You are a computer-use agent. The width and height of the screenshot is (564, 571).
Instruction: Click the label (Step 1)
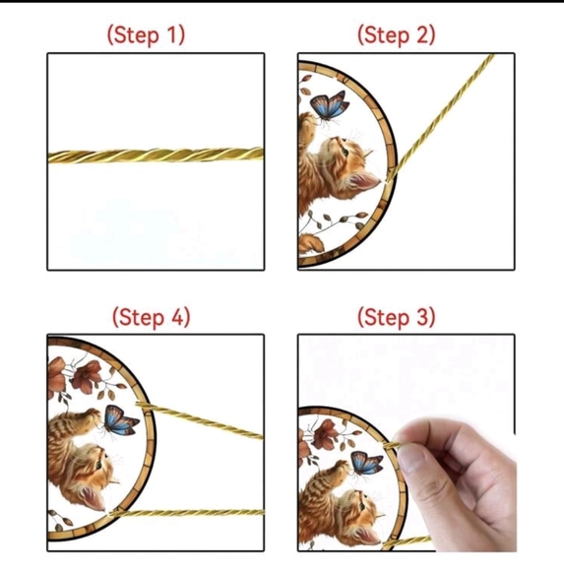[146, 34]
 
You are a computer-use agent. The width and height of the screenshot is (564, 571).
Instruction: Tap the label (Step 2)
[396, 34]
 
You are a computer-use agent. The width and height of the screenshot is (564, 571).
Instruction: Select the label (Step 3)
[396, 317]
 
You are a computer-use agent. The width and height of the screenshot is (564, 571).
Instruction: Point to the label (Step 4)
[151, 317]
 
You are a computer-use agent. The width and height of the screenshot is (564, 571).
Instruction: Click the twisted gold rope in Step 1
[156, 156]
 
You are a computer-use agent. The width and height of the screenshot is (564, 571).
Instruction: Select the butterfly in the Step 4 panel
[121, 420]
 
